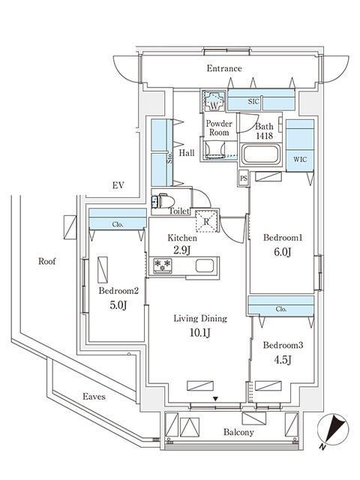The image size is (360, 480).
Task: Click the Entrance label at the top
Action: pyautogui.click(x=224, y=69)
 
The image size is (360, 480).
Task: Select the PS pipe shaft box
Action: pyautogui.click(x=243, y=178)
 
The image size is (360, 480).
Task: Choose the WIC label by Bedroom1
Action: pyautogui.click(x=299, y=160)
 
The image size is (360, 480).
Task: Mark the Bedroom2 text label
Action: pyautogui.click(x=118, y=291)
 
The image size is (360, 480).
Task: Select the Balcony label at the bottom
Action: pyautogui.click(x=238, y=433)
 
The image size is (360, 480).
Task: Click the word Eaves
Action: pyautogui.click(x=94, y=396)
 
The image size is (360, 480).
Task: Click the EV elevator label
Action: pyautogui.click(x=117, y=184)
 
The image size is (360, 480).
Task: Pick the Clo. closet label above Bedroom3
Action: pyautogui.click(x=281, y=307)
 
